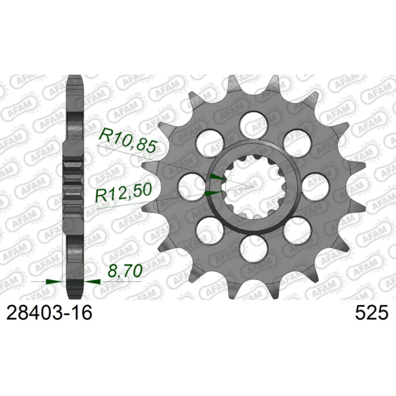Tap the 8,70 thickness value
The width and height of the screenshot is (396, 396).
point(124,271)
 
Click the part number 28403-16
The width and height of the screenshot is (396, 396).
point(49,313)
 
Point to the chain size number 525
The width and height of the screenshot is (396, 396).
point(371,313)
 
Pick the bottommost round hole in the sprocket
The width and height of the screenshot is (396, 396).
point(254,249)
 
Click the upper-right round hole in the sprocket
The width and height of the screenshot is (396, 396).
point(297,143)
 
